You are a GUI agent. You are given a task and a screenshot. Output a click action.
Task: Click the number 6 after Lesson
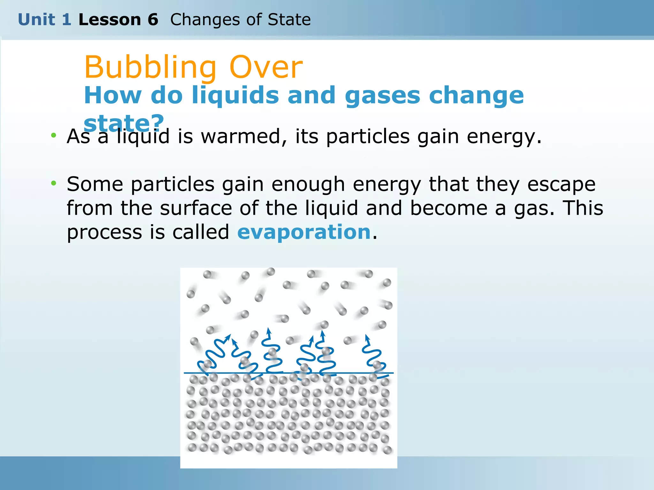click(x=153, y=20)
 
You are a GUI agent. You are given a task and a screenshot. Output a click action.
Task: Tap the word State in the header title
click(x=289, y=20)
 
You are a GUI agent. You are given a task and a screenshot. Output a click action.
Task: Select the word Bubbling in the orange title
click(x=150, y=68)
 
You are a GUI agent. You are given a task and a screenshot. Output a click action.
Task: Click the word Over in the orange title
click(x=266, y=68)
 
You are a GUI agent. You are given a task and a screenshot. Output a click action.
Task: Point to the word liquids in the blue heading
click(x=235, y=95)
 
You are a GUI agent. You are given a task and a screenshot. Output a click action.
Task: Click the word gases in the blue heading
click(x=382, y=95)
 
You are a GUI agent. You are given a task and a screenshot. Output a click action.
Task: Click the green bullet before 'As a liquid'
click(x=54, y=135)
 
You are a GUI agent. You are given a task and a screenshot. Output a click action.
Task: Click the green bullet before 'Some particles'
click(x=54, y=183)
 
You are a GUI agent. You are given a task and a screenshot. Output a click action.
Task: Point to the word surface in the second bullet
click(x=196, y=208)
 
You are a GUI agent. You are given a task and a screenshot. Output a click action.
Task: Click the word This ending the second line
click(x=582, y=208)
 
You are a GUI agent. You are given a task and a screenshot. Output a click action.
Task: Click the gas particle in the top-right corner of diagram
click(x=387, y=282)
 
